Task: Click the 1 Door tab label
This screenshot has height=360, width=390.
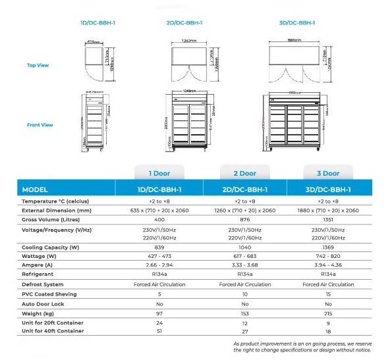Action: tap(159, 173)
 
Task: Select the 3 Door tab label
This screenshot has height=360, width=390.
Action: tap(327, 173)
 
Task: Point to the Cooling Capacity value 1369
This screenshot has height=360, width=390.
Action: tap(328, 247)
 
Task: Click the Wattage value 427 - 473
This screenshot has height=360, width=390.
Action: tap(159, 256)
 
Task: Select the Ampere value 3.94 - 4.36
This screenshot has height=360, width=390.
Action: tap(328, 265)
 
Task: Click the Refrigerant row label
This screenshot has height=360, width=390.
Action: tap(38, 274)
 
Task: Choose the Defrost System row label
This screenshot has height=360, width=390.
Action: tap(43, 284)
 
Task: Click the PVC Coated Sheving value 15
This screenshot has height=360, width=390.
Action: tap(328, 294)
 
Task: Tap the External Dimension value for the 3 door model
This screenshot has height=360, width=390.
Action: tap(328, 210)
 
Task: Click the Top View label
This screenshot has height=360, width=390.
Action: tap(38, 65)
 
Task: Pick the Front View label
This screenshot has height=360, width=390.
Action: tap(40, 125)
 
